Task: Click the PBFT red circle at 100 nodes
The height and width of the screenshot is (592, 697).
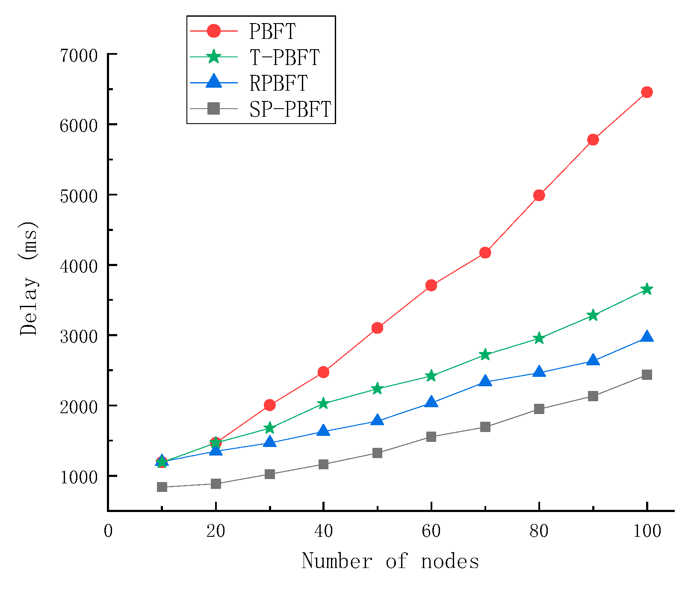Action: [x=647, y=92]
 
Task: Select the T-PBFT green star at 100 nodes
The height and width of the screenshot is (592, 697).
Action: [x=647, y=290]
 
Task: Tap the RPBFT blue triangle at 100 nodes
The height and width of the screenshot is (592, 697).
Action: [x=647, y=337]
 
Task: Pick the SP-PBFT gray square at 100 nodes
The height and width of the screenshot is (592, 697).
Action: [x=647, y=375]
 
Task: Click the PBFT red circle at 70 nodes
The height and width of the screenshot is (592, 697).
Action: [x=485, y=252]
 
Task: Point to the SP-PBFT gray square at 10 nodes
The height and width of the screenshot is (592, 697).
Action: [x=162, y=487]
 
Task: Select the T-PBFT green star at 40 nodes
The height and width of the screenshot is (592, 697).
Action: [x=323, y=403]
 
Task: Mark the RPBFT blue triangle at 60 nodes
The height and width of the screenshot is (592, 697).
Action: [x=431, y=402]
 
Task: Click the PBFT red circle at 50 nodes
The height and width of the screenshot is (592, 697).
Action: [x=377, y=328]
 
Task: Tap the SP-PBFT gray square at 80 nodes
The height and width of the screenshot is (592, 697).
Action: [x=539, y=409]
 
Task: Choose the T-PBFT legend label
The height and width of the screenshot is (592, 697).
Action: [x=284, y=57]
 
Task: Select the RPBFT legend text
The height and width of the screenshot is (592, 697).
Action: [x=278, y=83]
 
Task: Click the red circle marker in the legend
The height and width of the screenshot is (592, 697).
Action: [x=213, y=31]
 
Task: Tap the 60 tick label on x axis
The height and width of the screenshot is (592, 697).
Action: [x=431, y=531]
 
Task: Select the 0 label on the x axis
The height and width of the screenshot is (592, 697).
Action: [x=108, y=531]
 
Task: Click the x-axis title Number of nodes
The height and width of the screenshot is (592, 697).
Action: [x=390, y=561]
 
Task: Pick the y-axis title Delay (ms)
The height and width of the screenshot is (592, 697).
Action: [x=29, y=278]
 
